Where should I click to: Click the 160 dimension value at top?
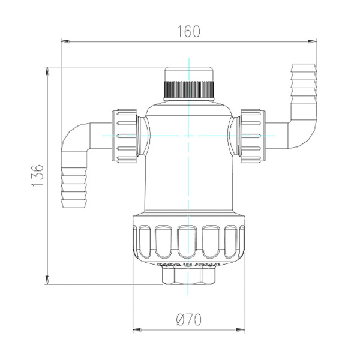tap(188, 31)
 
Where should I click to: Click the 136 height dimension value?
tap(37, 175)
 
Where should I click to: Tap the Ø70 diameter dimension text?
tap(188, 320)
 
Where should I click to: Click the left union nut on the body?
tap(127, 136)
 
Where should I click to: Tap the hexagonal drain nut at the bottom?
tap(188, 276)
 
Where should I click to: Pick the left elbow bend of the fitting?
tap(73, 135)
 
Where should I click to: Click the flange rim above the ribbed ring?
tap(188, 217)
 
